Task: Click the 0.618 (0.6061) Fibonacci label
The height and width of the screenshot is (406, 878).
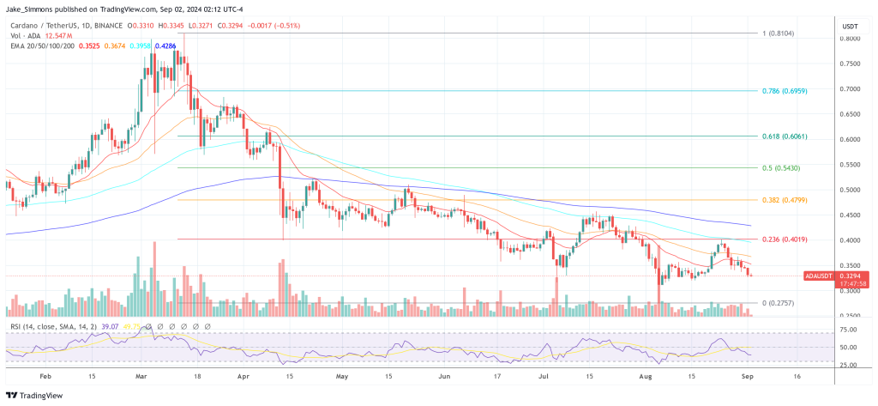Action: pyautogui.click(x=783, y=136)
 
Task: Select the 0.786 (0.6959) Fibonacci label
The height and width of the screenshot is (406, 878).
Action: pyautogui.click(x=783, y=90)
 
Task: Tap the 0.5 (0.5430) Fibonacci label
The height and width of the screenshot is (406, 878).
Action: pyautogui.click(x=780, y=167)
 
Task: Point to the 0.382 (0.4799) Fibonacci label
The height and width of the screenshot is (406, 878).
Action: pyautogui.click(x=783, y=200)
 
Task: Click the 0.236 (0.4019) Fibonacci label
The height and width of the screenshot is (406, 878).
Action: pyautogui.click(x=783, y=239)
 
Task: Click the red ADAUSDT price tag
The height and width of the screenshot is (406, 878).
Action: pyautogui.click(x=822, y=276)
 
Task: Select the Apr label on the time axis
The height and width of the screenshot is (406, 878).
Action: pyautogui.click(x=243, y=376)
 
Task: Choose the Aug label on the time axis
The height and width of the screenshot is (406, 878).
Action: pyautogui.click(x=646, y=376)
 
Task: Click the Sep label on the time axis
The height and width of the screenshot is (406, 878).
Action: pyautogui.click(x=747, y=376)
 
